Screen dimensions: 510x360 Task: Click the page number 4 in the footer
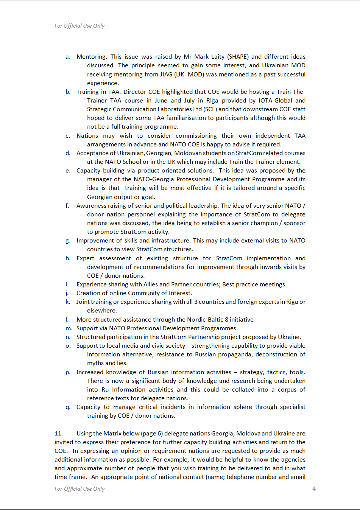(x=314, y=488)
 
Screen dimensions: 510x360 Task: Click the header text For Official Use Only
(x=79, y=26)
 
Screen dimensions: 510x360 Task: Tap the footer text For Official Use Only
(x=79, y=489)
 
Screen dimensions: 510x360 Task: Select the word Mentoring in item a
(x=91, y=57)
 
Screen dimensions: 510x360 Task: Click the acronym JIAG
(x=166, y=74)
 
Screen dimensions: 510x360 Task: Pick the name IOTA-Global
(x=275, y=101)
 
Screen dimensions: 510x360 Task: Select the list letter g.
(x=68, y=241)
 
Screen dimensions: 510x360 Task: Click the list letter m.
(x=69, y=328)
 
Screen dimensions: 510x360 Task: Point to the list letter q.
(x=68, y=407)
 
